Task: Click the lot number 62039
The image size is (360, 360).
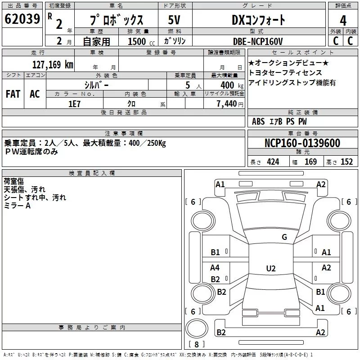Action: coord(22,20)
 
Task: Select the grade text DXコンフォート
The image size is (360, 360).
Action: coord(258,20)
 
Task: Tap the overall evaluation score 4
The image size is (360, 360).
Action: coord(343,21)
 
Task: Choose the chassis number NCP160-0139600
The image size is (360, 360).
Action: coord(302,144)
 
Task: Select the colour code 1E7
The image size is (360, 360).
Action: coord(74,103)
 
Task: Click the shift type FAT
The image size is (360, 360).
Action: coord(13,94)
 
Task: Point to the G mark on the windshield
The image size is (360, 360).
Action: coord(284,237)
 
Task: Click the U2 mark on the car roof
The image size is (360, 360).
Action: coord(270,269)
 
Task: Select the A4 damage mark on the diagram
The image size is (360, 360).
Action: coord(215,267)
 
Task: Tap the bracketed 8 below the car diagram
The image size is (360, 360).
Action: coord(196,344)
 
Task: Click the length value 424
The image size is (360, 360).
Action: coord(273,162)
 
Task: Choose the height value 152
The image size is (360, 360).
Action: coord(346,162)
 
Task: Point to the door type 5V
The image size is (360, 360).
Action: coord(175,20)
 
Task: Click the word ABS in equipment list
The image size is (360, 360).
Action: coord(258,121)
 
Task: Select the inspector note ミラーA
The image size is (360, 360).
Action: coord(17,206)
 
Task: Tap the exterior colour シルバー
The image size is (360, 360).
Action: coord(97,85)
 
